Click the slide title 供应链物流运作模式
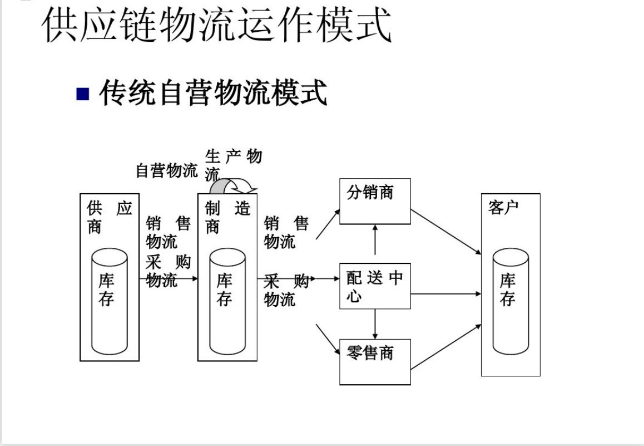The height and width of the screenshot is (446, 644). point(217,25)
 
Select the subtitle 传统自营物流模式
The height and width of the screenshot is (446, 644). point(213,92)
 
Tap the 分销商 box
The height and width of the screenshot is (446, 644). point(375,201)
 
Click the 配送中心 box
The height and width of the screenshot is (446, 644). point(375,286)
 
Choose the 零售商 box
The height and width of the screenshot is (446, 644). point(375,361)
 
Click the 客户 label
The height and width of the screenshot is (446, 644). point(503,208)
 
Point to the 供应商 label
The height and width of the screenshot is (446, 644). point(109,218)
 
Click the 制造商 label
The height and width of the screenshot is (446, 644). point(227,218)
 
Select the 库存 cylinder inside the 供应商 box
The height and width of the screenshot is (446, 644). point(110,301)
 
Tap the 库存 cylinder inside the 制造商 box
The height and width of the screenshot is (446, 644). point(227,301)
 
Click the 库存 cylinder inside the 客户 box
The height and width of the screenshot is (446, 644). point(511,301)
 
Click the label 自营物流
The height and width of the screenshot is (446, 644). point(167,171)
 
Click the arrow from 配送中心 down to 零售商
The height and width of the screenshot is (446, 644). point(375,323)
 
